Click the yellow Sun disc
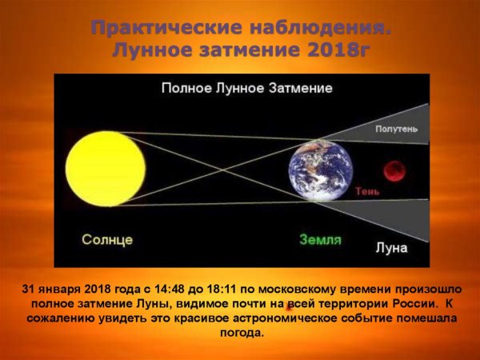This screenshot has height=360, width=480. [103, 167]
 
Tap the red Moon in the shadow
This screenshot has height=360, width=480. [393, 170]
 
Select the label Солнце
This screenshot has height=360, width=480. [106, 239]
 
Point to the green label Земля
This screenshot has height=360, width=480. [321, 239]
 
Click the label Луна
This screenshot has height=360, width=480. [391, 248]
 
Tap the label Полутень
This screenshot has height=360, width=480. [396, 128]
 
